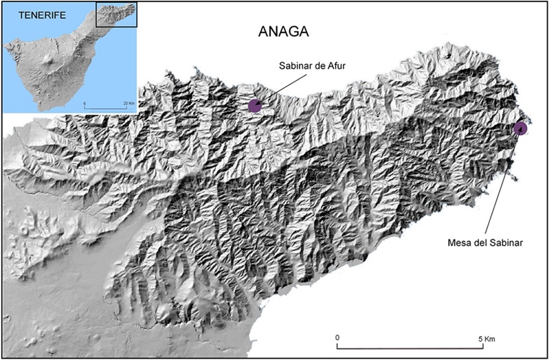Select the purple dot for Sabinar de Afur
255,105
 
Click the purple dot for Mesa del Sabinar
521,128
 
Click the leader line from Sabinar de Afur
278,87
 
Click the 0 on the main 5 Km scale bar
338,337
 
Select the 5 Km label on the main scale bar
485,337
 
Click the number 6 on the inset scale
86,103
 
